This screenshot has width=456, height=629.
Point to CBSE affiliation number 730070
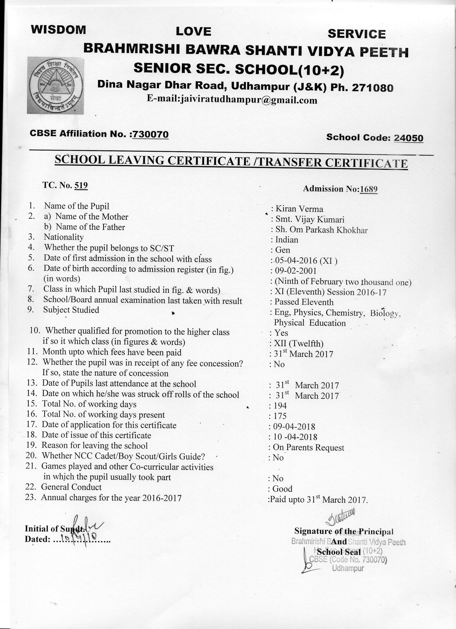click(x=150, y=134)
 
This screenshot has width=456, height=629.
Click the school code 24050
click(x=408, y=138)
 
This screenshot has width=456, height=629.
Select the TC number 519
click(x=81, y=185)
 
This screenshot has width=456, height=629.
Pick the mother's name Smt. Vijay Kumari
click(x=310, y=219)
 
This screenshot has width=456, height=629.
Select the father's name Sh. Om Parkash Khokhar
click(x=321, y=230)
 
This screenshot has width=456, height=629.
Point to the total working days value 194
click(x=280, y=406)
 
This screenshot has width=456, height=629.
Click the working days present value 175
click(x=280, y=416)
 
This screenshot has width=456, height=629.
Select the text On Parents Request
click(x=308, y=447)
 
